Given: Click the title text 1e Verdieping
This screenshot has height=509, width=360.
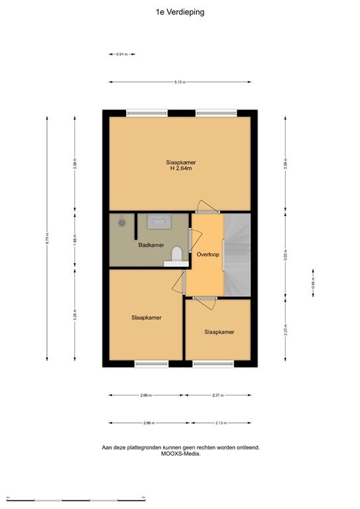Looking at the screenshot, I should click(180, 11).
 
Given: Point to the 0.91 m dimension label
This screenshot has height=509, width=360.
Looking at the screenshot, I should click(121, 54).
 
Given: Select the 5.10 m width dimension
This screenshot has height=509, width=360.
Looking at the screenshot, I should click(180, 82).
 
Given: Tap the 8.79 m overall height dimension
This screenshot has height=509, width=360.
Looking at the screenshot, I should click(47, 239).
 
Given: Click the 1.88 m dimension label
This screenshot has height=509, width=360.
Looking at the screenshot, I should click(75, 239).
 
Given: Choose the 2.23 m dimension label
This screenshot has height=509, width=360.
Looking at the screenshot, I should click(285, 329).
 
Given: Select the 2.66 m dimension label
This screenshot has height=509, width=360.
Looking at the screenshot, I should click(147, 396).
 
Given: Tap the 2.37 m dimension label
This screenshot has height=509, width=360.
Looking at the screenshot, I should click(218, 396).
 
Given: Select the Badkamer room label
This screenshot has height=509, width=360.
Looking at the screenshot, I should click(151, 246).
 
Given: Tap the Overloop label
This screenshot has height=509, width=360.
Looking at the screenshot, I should click(208, 254).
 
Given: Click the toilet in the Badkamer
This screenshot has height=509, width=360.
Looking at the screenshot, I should click(176, 254).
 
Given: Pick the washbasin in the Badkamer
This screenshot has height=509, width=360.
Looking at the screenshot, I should click(159, 221).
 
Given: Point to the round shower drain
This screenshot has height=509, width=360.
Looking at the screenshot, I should click(122, 223).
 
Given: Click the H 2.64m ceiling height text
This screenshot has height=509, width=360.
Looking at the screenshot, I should click(181, 169).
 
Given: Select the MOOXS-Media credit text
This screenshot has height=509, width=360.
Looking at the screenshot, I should click(180, 454).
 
